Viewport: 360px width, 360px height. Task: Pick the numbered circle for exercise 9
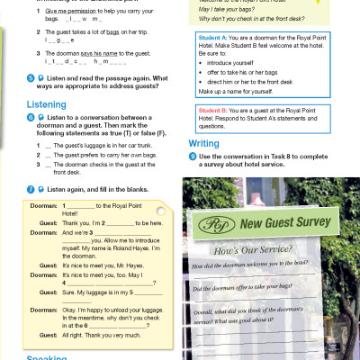pos(193,157)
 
